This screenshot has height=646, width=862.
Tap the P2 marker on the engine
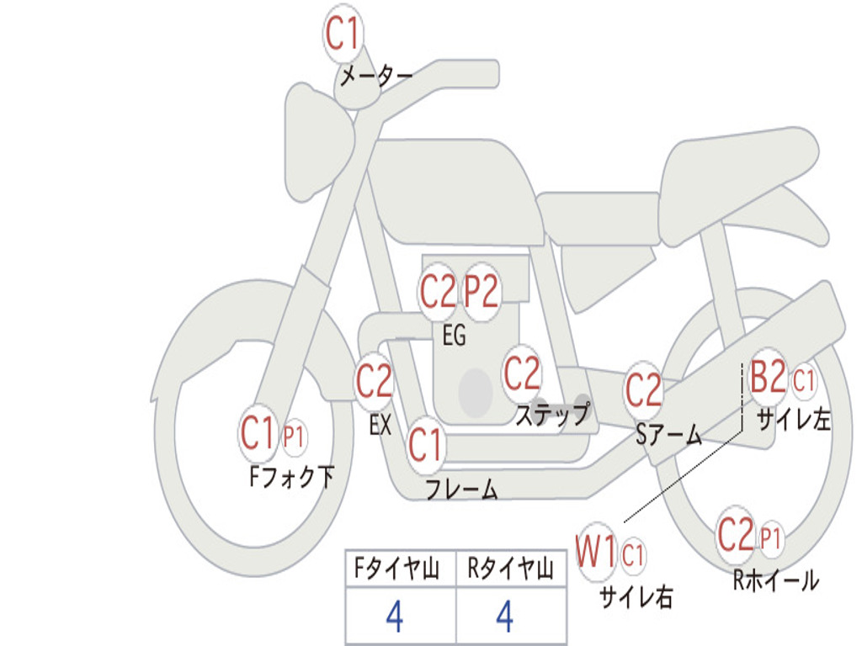[482, 292]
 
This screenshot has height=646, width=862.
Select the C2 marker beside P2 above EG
[438, 292]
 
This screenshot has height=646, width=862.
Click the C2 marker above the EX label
[375, 383]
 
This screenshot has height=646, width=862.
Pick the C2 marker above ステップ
[522, 373]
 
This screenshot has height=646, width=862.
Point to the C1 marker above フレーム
[425, 444]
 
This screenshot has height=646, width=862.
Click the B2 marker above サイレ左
[768, 379]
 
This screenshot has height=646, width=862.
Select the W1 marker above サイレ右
[596, 553]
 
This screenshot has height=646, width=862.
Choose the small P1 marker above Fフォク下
[294, 437]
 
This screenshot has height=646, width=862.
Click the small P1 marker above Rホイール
[771, 537]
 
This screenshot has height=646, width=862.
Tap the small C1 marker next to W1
[633, 554]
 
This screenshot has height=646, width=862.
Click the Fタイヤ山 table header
[400, 570]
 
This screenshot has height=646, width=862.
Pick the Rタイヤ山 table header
[510, 570]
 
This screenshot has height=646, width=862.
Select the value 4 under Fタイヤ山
[394, 617]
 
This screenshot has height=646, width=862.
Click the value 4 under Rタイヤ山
[504, 617]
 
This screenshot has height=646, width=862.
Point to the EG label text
[454, 336]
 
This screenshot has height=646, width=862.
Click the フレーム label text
[461, 490]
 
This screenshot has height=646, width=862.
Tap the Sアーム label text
[668, 435]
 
